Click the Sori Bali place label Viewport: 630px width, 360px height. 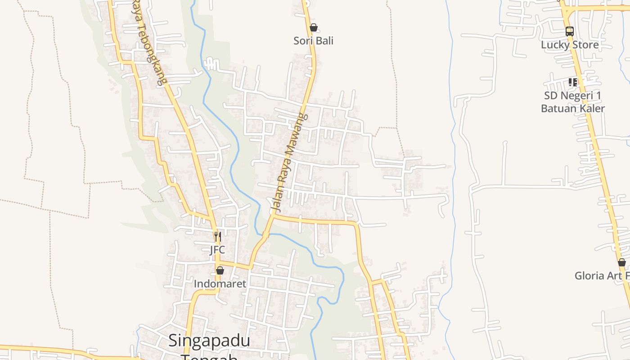pos(314,40)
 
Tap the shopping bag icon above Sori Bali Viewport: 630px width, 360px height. pos(314,28)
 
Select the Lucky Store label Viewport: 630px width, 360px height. pos(570,45)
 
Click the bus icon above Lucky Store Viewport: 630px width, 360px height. pos(570,31)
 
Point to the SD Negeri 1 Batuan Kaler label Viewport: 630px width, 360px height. pos(573,102)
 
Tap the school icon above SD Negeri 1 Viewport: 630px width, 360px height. pos(573,82)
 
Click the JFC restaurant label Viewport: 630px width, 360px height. pos(217,250)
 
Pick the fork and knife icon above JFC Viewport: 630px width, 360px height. pos(218,236)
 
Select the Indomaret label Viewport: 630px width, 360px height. pos(220,284)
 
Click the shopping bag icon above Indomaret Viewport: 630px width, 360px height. pos(220,270)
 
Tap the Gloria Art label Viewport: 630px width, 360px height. pos(602,276)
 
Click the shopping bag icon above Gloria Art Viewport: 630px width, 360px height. pos(622,262)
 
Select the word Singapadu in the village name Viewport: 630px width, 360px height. pos(209,341)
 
